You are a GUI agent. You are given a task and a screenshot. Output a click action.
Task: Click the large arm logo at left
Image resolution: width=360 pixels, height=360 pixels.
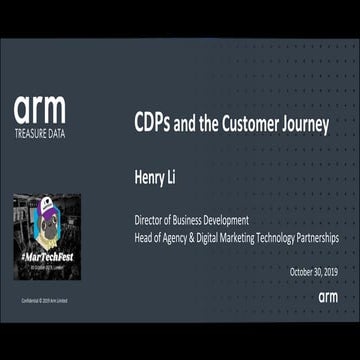coord(39,110)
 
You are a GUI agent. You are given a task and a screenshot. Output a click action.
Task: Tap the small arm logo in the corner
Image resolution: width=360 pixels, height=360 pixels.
coord(329,297)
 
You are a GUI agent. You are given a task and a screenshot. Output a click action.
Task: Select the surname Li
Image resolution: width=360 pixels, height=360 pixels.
coord(183,178)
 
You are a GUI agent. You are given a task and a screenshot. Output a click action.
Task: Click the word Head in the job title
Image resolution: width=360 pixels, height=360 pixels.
coord(145,238)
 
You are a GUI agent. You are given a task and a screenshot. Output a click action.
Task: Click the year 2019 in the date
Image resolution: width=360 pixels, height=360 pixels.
coord(328,271)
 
